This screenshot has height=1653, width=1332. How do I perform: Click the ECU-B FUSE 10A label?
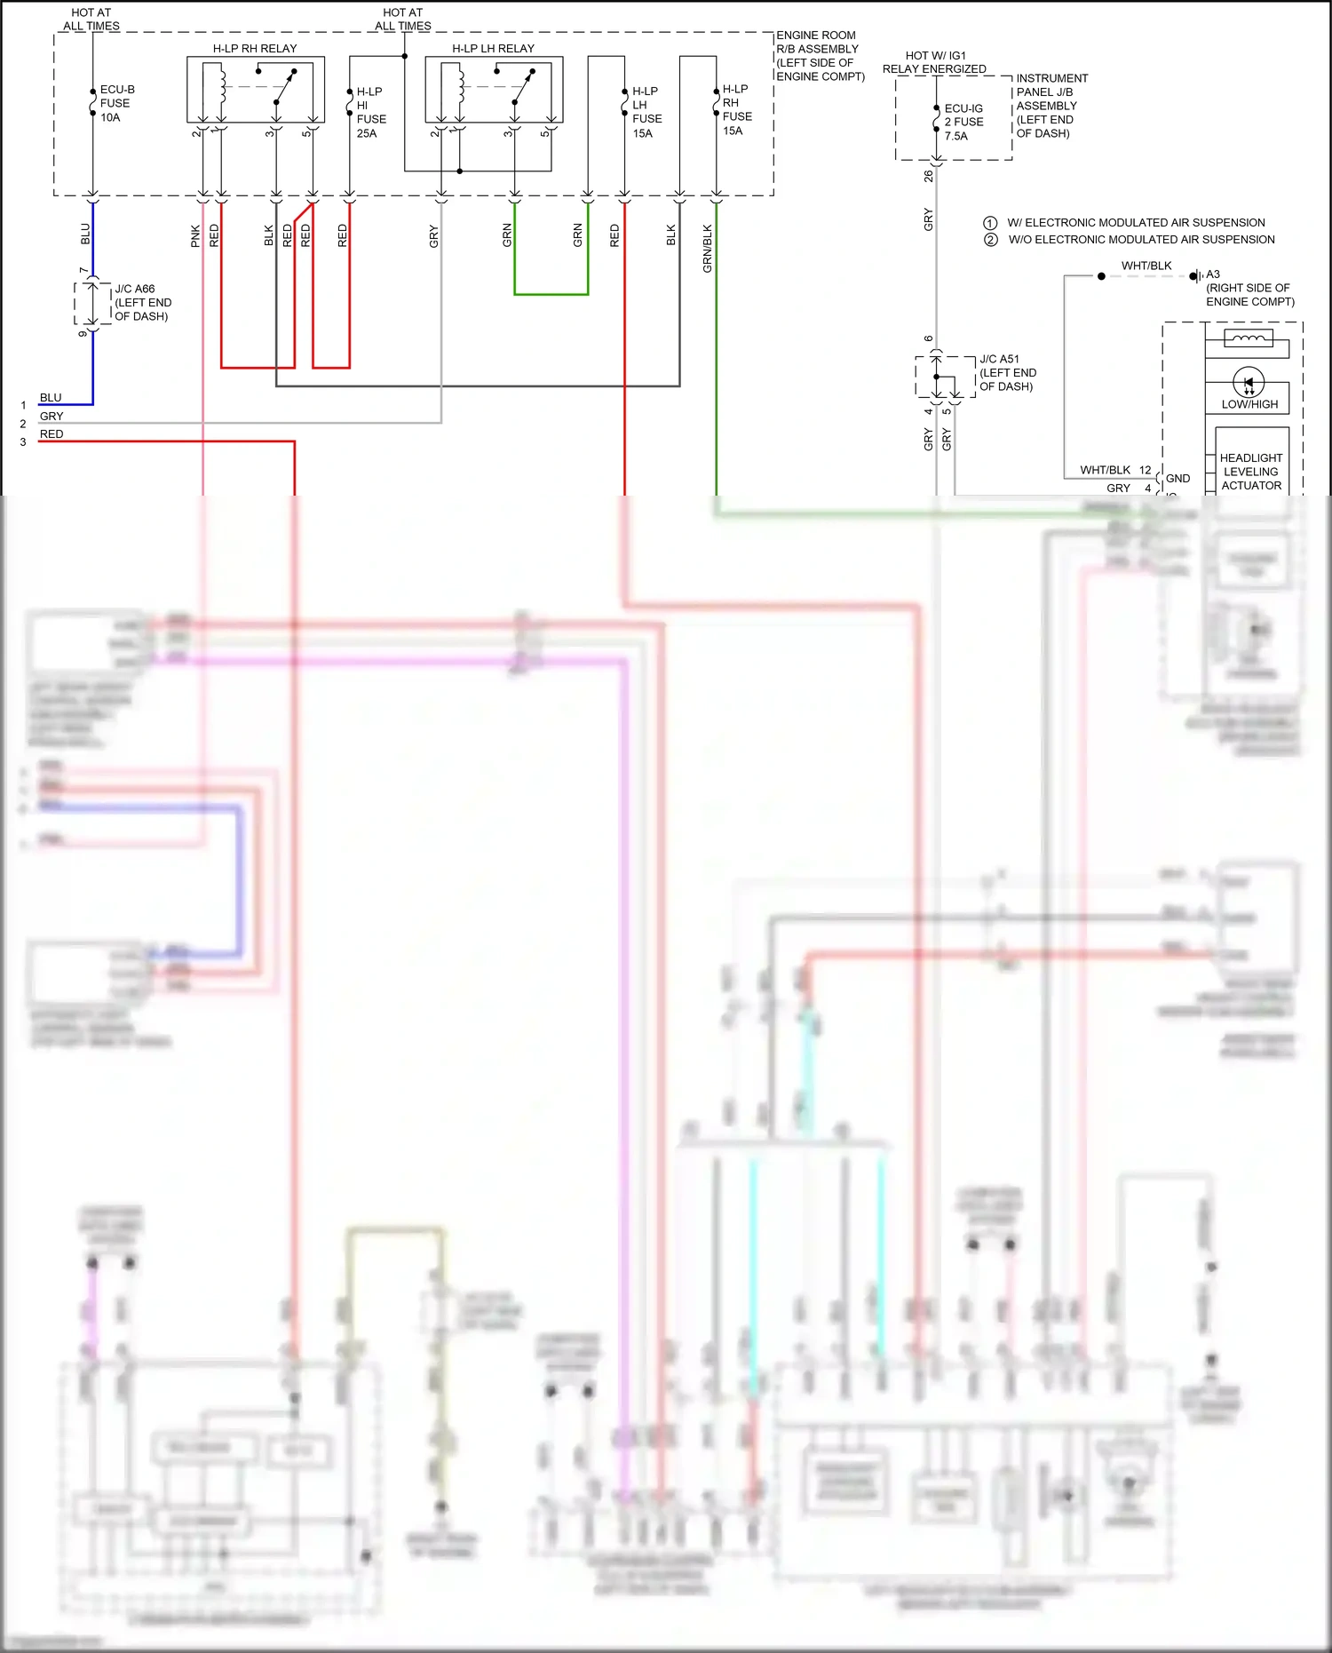(116, 103)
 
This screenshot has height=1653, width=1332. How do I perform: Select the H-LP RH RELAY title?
(255, 48)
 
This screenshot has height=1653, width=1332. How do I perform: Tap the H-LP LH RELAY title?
(493, 48)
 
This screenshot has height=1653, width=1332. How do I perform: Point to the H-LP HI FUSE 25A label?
(370, 112)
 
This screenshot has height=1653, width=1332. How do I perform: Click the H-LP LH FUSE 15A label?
(646, 112)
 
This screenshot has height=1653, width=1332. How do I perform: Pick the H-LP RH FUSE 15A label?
(736, 109)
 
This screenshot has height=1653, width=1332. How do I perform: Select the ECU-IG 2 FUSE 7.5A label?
(963, 123)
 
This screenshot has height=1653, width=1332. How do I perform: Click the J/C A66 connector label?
(142, 302)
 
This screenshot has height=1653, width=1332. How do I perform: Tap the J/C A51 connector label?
(1007, 372)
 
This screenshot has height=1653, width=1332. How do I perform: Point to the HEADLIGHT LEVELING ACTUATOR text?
(1250, 472)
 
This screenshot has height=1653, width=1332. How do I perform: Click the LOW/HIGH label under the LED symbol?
(1249, 404)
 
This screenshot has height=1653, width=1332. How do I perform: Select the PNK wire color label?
(195, 235)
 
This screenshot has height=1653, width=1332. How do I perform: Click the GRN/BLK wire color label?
(708, 249)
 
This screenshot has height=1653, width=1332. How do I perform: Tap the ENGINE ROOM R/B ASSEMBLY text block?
(819, 56)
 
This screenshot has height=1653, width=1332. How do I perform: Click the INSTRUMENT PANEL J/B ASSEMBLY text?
(1051, 106)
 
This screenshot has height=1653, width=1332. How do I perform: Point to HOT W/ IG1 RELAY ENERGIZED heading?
(934, 62)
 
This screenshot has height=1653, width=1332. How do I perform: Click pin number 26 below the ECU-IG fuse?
(929, 177)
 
